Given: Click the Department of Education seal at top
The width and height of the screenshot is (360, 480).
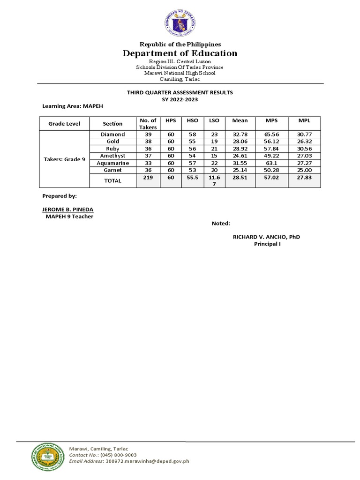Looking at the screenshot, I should [x=180, y=22].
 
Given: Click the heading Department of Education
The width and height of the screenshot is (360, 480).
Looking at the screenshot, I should [x=180, y=53].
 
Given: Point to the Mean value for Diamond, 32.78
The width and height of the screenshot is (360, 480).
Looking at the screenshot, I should [x=240, y=135].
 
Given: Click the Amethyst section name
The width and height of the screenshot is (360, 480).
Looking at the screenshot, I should [x=113, y=156].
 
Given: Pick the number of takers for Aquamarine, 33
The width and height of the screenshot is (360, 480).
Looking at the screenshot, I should [x=148, y=163].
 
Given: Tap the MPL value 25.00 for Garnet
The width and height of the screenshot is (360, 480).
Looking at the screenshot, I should [x=304, y=170].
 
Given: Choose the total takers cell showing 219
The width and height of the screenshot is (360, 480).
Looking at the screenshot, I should [x=148, y=178].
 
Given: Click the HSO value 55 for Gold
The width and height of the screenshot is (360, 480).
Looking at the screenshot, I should [x=192, y=142].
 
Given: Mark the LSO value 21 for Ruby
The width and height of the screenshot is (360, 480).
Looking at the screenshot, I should [x=214, y=149].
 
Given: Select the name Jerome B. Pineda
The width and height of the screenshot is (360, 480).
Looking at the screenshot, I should [x=65, y=209].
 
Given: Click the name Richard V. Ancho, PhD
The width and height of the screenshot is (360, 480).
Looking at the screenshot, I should [x=266, y=237].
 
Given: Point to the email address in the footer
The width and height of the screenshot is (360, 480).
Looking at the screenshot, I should [x=129, y=461].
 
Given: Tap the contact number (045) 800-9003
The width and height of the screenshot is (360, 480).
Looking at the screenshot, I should [x=116, y=455].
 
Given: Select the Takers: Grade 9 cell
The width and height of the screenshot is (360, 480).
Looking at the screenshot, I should [x=64, y=159].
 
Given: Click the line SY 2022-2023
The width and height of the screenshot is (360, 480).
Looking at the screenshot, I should [x=180, y=99].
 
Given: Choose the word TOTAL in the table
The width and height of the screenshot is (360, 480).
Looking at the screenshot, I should [x=113, y=180].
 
